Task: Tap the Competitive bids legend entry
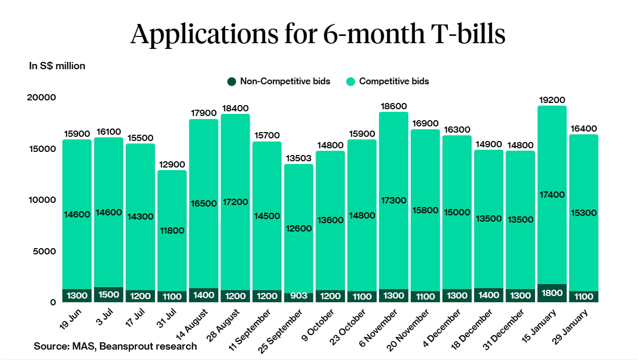pos(388,81)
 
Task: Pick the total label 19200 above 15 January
pos(552,100)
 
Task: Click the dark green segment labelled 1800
pos(552,293)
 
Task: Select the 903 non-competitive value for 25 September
pos(299,297)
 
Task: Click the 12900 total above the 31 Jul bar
pos(172,164)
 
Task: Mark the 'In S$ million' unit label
pos(57,66)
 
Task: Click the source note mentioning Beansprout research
pos(115,346)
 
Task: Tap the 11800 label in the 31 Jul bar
pos(172,230)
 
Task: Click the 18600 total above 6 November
pos(394,106)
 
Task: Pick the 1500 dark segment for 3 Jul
pos(109,295)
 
